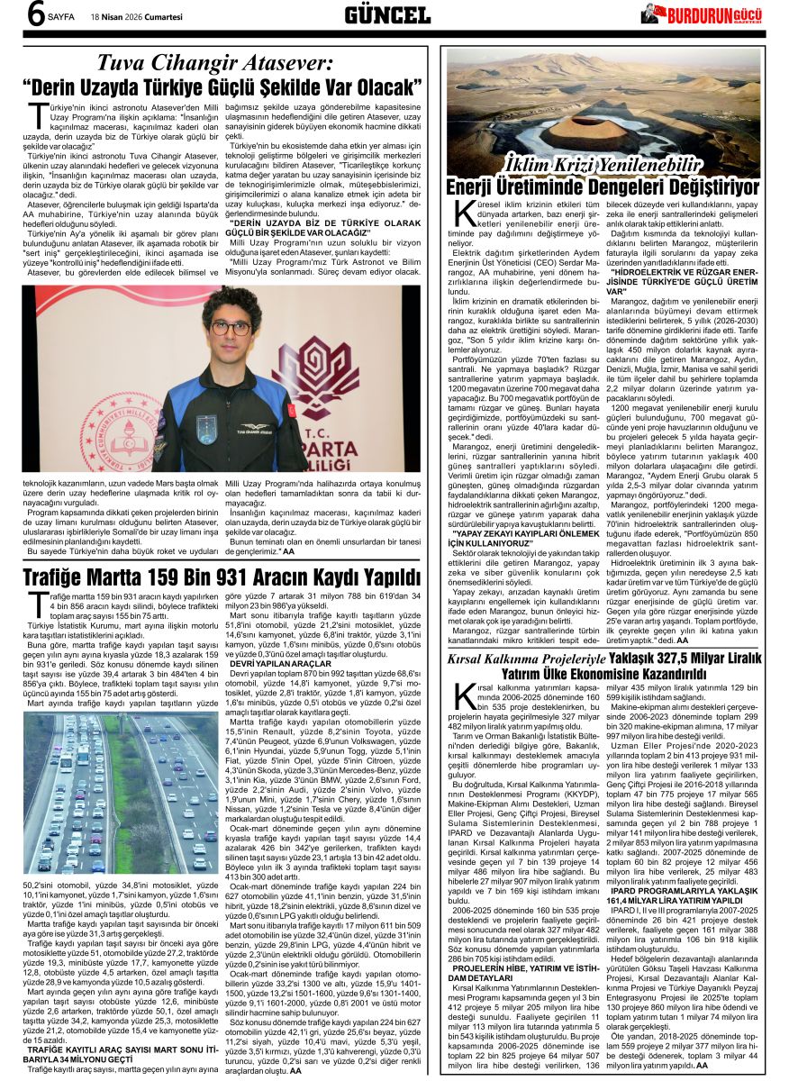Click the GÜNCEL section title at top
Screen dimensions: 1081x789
(387, 15)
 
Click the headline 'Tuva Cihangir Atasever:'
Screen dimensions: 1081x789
(214, 63)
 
